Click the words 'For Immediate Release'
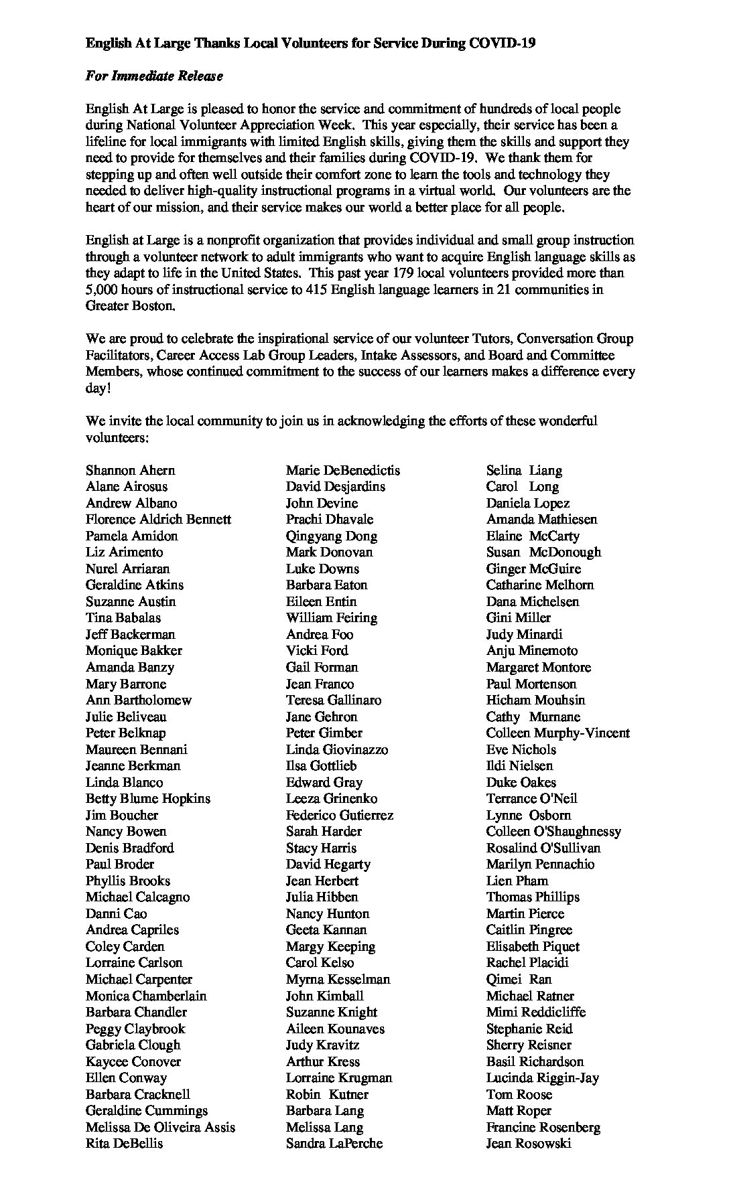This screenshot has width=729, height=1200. [154, 76]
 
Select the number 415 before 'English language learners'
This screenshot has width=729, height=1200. [317, 290]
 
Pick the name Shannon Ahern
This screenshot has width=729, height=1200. [130, 470]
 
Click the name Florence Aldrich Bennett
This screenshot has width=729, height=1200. [158, 519]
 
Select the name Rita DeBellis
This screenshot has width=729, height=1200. [124, 1143]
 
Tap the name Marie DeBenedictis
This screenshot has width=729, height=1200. [342, 470]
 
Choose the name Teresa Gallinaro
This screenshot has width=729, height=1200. [333, 700]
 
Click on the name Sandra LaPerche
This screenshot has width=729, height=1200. [334, 1143]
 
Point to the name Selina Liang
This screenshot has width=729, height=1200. [524, 470]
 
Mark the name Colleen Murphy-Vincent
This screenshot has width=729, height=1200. [557, 733]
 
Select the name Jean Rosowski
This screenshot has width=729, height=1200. [529, 1143]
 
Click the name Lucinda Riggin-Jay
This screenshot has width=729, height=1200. [542, 1077]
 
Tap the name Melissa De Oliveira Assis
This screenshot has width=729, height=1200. [160, 1127]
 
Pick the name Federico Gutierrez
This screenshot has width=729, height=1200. [339, 815]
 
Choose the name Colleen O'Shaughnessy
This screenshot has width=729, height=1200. [553, 831]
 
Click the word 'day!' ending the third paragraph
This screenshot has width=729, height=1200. [98, 388]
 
